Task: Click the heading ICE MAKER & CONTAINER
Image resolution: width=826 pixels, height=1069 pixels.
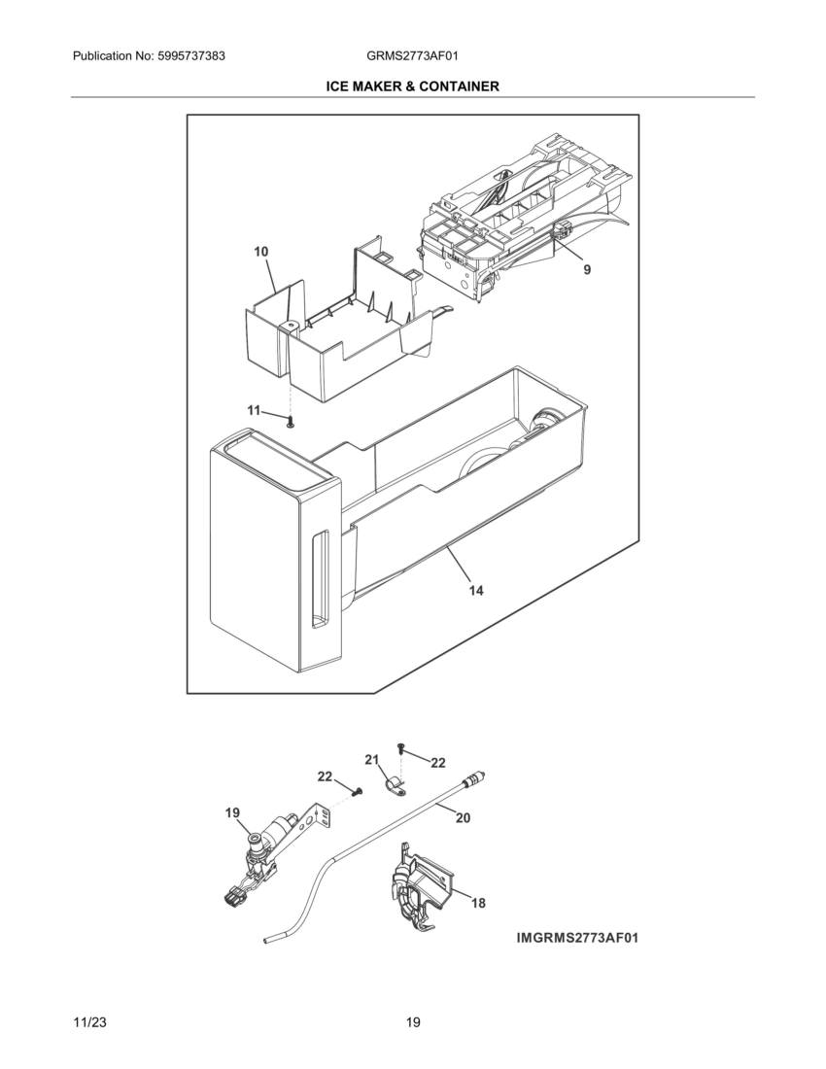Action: pyautogui.click(x=413, y=86)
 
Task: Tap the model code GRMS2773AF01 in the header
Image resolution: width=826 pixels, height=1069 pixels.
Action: pyautogui.click(x=406, y=56)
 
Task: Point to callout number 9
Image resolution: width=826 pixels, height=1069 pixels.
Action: pyautogui.click(x=587, y=270)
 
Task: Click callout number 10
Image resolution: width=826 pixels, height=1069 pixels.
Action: pyautogui.click(x=261, y=252)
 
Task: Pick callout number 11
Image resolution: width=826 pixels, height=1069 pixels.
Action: pyautogui.click(x=254, y=411)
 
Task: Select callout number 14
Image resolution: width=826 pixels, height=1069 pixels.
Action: pyautogui.click(x=475, y=590)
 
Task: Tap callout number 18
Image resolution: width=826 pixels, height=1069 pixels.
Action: pyautogui.click(x=478, y=903)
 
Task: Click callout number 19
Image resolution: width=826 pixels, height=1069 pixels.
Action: pyautogui.click(x=233, y=813)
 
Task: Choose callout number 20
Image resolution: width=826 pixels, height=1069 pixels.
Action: pyautogui.click(x=463, y=818)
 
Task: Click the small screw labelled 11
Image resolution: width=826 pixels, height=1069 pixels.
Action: pyautogui.click(x=291, y=421)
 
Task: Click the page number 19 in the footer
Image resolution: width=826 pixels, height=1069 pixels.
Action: pyautogui.click(x=413, y=1021)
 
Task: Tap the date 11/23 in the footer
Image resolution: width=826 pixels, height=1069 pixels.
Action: pyautogui.click(x=90, y=1021)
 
